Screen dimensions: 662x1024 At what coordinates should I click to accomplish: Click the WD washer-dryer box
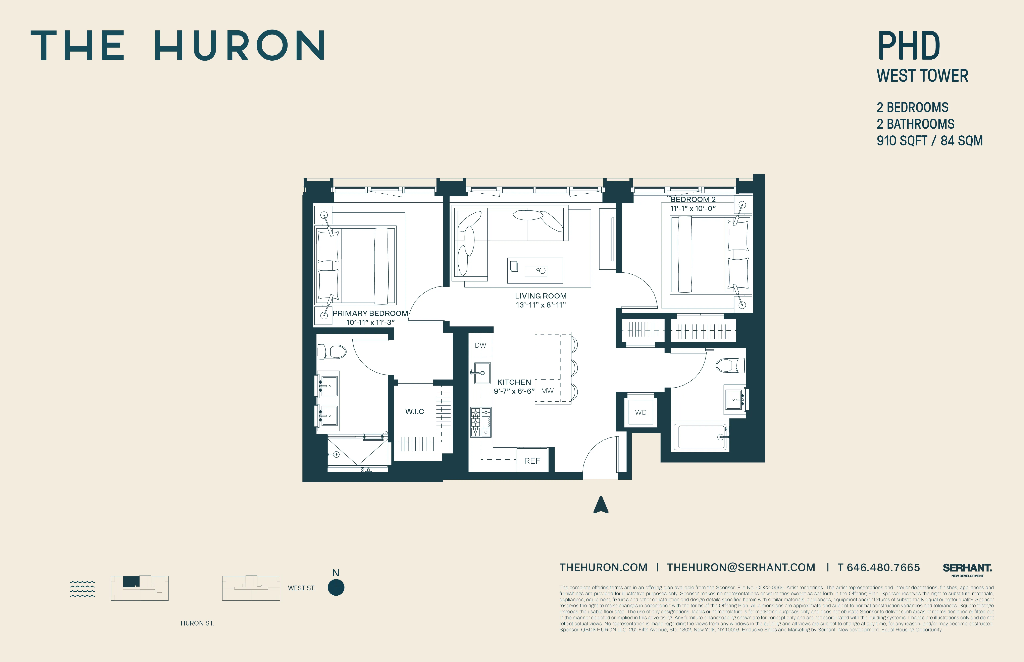[641, 412]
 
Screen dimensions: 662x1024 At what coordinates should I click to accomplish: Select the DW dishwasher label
[480, 345]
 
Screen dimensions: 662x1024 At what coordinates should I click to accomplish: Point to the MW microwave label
[547, 391]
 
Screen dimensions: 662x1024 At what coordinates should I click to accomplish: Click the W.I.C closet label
[414, 411]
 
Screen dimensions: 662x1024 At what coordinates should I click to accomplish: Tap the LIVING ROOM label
[540, 296]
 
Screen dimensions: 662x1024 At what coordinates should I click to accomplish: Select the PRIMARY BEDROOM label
[370, 313]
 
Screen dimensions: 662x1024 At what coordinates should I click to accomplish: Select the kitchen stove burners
[481, 422]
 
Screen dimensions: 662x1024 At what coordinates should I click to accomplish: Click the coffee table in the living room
[535, 270]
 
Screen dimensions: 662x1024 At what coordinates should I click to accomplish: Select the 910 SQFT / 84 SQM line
[929, 141]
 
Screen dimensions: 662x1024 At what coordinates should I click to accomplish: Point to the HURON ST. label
[197, 623]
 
